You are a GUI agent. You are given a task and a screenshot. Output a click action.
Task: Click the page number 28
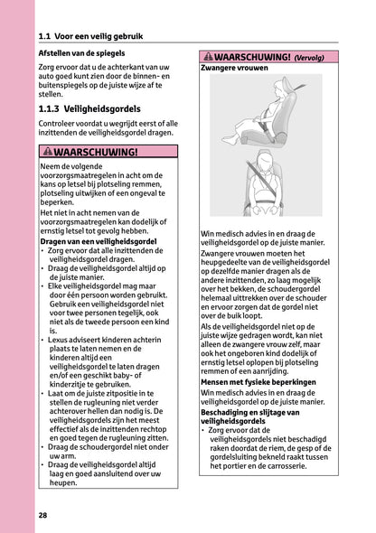pyautogui.click(x=43, y=515)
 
